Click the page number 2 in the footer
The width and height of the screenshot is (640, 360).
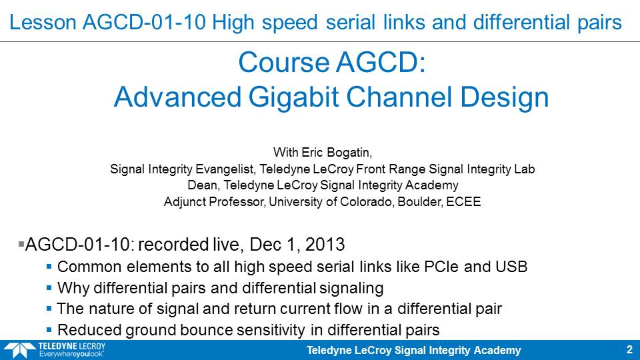pos(629,349)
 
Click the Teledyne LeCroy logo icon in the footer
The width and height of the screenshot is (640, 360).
pos(19,350)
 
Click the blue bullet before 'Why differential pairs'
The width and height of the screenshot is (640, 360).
pos(49,288)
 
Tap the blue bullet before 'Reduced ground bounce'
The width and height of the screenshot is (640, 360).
pos(49,329)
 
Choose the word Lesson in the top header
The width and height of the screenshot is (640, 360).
pos(43,22)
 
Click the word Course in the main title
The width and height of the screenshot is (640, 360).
pos(284,63)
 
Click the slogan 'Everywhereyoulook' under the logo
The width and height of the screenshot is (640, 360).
pos(71,354)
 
